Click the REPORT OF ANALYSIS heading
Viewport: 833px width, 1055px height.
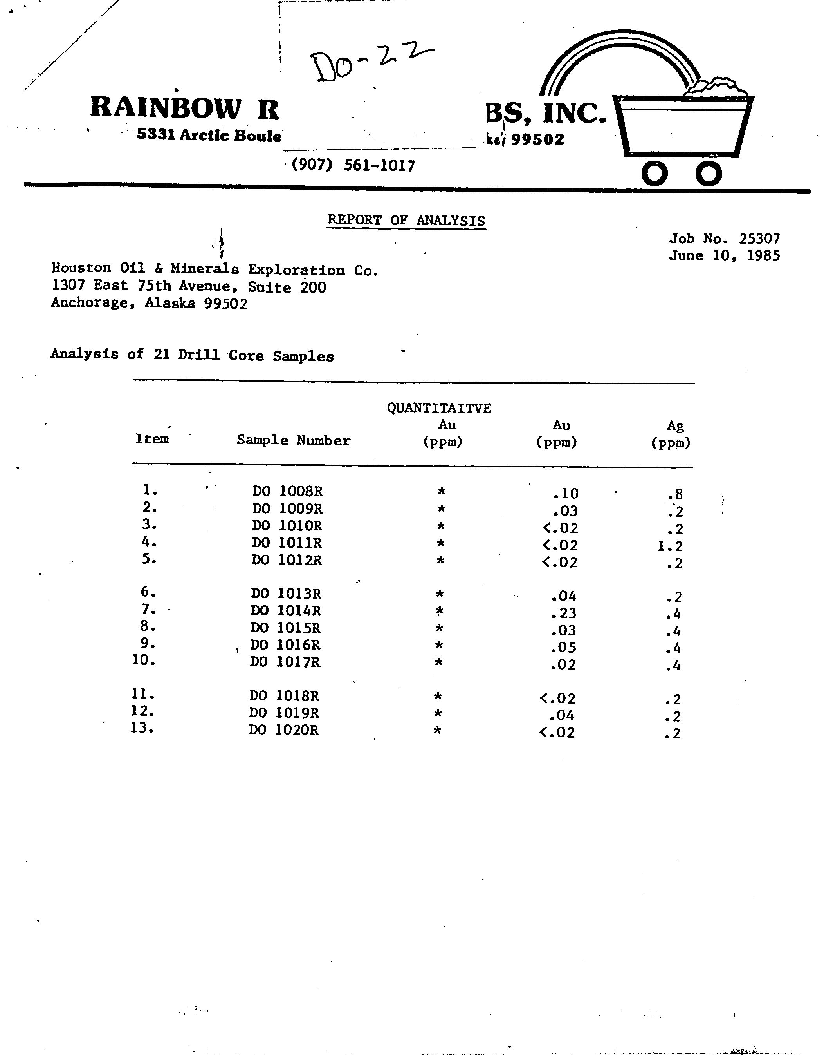coord(406,221)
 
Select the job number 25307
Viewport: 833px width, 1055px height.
coord(759,239)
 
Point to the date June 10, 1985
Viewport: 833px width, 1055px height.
coord(724,256)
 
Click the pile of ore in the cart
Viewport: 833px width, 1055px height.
coord(716,88)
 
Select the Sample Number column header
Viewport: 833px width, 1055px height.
coord(293,440)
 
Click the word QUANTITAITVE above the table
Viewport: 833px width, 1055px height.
coord(439,408)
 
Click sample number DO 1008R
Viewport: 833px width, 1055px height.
coord(287,491)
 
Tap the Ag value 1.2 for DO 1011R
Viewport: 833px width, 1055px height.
coord(670,546)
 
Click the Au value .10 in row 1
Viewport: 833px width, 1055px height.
coord(566,494)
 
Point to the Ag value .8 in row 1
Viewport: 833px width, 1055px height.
coord(676,495)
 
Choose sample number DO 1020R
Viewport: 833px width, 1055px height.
coord(283,731)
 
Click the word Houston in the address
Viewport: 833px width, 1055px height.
coord(81,268)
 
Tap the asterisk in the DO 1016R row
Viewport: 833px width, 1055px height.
coord(439,646)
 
